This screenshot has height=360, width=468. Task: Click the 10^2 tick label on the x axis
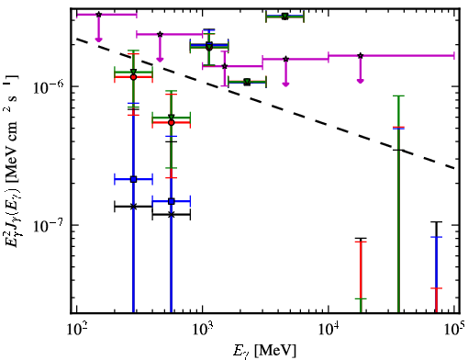tap(76, 331)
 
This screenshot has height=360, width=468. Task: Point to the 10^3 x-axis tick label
tap(202, 331)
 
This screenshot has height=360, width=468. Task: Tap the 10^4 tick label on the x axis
tap(329, 331)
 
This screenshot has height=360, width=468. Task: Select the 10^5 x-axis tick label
tap(454, 331)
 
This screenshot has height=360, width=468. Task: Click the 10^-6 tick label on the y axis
tap(49, 87)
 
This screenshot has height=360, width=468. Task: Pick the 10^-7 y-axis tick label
tap(49, 226)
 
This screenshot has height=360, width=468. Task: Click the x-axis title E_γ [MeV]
tap(265, 350)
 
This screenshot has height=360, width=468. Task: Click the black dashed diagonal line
tap(266, 103)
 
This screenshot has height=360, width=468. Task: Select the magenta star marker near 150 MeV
tap(98, 15)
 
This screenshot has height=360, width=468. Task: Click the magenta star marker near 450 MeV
tap(160, 34)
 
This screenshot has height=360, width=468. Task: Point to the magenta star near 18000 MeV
tap(361, 56)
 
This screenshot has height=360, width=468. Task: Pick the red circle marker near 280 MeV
tap(133, 77)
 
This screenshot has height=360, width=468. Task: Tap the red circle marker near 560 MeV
tap(172, 122)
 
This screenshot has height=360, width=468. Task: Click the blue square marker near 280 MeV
tap(133, 179)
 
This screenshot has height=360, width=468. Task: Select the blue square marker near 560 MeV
tap(172, 201)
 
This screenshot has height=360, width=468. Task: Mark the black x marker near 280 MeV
tap(133, 207)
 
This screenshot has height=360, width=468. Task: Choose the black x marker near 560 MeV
tap(172, 215)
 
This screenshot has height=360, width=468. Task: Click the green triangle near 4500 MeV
tap(284, 17)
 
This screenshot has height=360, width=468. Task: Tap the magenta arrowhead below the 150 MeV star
tap(98, 39)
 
